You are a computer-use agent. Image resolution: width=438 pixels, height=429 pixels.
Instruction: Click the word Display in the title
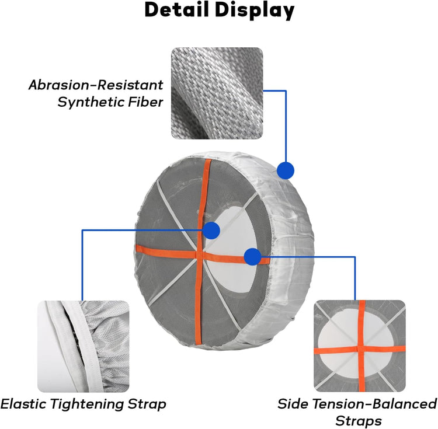click(255, 11)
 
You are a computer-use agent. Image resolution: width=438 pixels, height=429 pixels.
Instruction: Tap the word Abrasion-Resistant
click(96, 85)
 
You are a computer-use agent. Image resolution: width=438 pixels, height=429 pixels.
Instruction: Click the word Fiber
click(145, 102)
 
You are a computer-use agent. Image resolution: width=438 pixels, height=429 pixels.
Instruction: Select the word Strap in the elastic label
click(147, 404)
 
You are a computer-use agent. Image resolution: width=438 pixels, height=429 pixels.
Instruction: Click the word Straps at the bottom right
click(359, 421)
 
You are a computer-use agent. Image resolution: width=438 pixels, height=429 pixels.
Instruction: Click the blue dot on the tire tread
click(286, 170)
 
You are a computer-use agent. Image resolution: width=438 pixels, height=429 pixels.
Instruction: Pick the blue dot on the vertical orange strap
click(211, 231)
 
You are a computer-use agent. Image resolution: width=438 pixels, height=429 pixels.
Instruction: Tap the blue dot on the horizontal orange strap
click(252, 257)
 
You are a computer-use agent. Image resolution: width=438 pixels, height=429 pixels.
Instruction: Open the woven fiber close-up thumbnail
click(217, 93)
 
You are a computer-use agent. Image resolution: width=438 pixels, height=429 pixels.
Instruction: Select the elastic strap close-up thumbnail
click(84, 346)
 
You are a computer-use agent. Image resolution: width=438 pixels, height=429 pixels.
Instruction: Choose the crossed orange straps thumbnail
click(360, 346)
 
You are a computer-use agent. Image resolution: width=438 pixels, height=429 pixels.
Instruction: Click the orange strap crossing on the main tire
click(199, 254)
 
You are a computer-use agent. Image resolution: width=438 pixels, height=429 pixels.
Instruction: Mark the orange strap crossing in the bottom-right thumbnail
click(361, 349)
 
